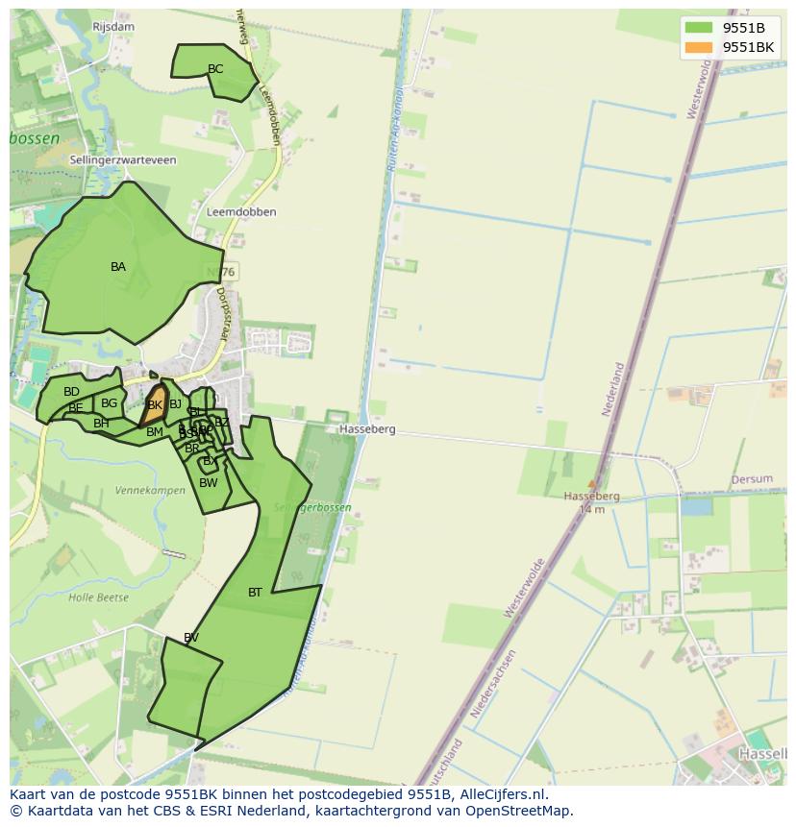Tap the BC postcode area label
[x=215, y=69]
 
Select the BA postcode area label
[x=118, y=267]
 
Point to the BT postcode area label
[x=255, y=593]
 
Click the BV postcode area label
[x=191, y=638]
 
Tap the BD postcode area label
[x=71, y=392]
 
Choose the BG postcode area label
[x=109, y=403]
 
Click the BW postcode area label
[x=209, y=483]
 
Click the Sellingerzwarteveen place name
[x=123, y=160]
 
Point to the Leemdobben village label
[x=241, y=212]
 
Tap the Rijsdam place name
[x=113, y=27]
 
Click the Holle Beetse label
[x=98, y=597]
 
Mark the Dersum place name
[x=752, y=479]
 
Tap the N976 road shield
[x=221, y=272]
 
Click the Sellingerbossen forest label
[x=312, y=507]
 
